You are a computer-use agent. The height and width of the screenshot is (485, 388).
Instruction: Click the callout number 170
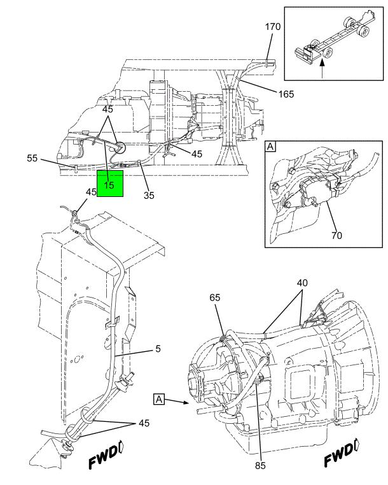tap(273, 27)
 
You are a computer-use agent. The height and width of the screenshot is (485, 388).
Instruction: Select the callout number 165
tap(286, 94)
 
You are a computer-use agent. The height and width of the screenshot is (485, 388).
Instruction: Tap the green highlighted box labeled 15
tap(110, 185)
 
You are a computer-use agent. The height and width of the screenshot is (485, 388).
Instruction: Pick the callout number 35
tap(149, 195)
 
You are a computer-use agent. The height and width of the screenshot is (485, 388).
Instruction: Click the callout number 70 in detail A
tap(336, 235)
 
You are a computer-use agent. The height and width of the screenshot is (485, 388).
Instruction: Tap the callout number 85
tap(260, 465)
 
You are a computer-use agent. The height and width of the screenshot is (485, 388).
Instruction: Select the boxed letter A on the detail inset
tap(270, 147)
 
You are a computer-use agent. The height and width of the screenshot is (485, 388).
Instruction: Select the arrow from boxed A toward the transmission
tap(179, 402)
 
